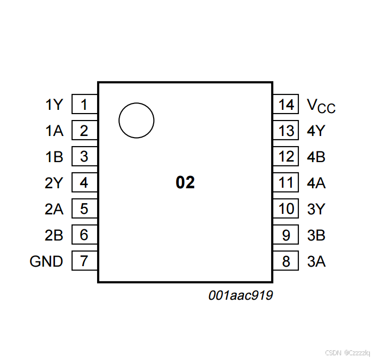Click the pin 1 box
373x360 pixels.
(84, 105)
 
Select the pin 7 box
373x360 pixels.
(84, 261)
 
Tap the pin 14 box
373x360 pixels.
(287, 105)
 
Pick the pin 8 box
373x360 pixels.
(287, 261)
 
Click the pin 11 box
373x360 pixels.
(287, 183)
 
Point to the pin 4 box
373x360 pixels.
(84, 183)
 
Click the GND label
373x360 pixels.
(46, 261)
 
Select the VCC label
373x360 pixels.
(321, 106)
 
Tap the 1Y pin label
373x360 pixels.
(54, 105)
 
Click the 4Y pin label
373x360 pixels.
(316, 131)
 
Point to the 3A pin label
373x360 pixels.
(316, 261)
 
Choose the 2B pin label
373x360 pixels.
(54, 235)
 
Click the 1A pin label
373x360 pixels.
(54, 131)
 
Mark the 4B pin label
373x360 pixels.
(316, 157)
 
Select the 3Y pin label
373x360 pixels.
(316, 209)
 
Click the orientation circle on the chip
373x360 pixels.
(136, 121)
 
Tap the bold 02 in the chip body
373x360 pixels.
(185, 183)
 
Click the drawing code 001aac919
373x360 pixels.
(241, 295)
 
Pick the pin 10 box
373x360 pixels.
(287, 209)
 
